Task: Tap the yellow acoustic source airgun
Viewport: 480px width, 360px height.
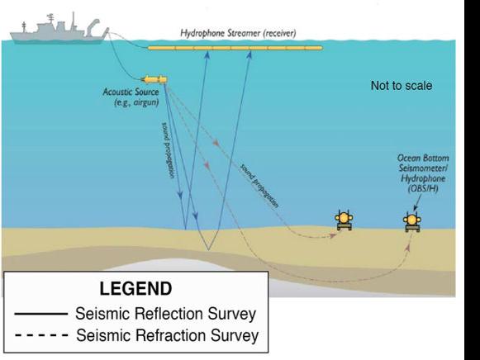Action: (154, 80)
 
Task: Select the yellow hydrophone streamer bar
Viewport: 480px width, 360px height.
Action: (235, 48)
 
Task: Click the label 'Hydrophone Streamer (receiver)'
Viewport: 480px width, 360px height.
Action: (238, 33)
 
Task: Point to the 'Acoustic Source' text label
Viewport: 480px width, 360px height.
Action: (131, 92)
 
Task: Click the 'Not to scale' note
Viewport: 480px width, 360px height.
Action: (402, 86)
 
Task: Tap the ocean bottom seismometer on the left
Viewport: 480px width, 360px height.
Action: (344, 220)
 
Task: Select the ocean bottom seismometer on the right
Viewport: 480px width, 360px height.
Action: (412, 221)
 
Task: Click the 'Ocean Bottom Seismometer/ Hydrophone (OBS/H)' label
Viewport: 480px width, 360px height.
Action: (423, 173)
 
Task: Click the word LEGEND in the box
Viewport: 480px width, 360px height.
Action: (135, 288)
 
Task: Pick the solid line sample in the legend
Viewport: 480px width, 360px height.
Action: (41, 314)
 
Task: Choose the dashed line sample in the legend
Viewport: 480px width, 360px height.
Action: (41, 335)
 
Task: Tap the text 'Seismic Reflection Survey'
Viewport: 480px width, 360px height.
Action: (165, 314)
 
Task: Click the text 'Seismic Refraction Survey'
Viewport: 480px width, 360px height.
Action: (168, 335)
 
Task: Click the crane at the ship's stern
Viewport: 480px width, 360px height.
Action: (93, 26)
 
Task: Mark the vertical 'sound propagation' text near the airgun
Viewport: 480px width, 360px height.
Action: (168, 150)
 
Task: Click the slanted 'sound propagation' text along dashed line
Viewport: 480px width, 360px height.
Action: (259, 186)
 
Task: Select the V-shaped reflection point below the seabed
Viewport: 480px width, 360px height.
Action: (208, 249)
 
